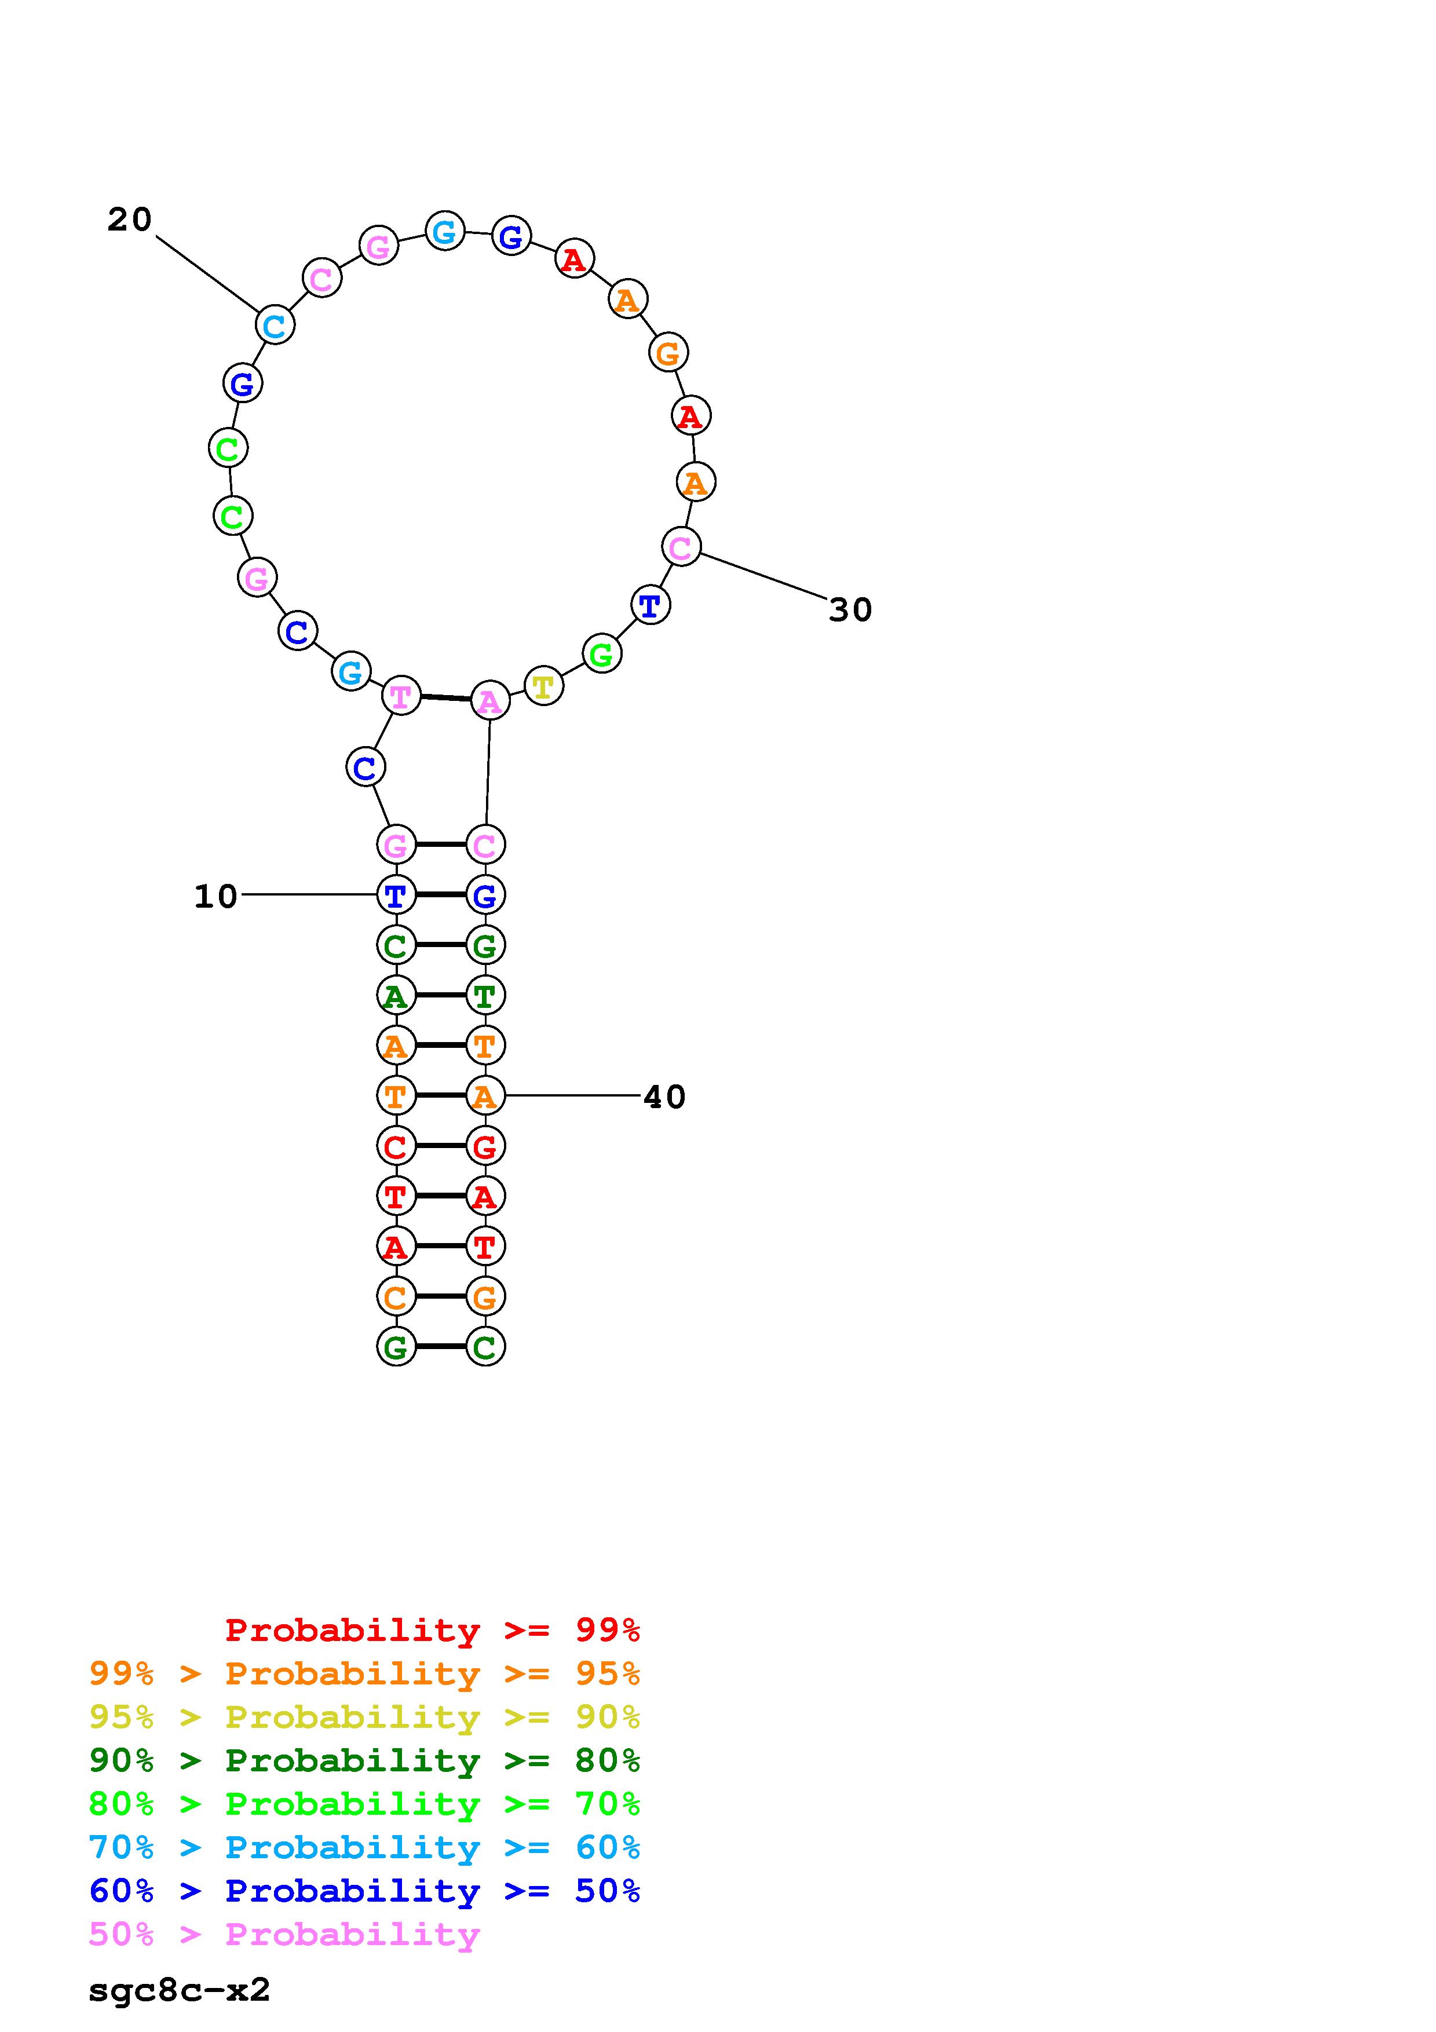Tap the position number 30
point(850,610)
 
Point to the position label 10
point(216,897)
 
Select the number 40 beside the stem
point(664,1098)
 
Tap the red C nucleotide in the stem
point(396,1147)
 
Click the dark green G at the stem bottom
point(396,1347)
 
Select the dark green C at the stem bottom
point(485,1347)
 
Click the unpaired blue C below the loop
point(364,768)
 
